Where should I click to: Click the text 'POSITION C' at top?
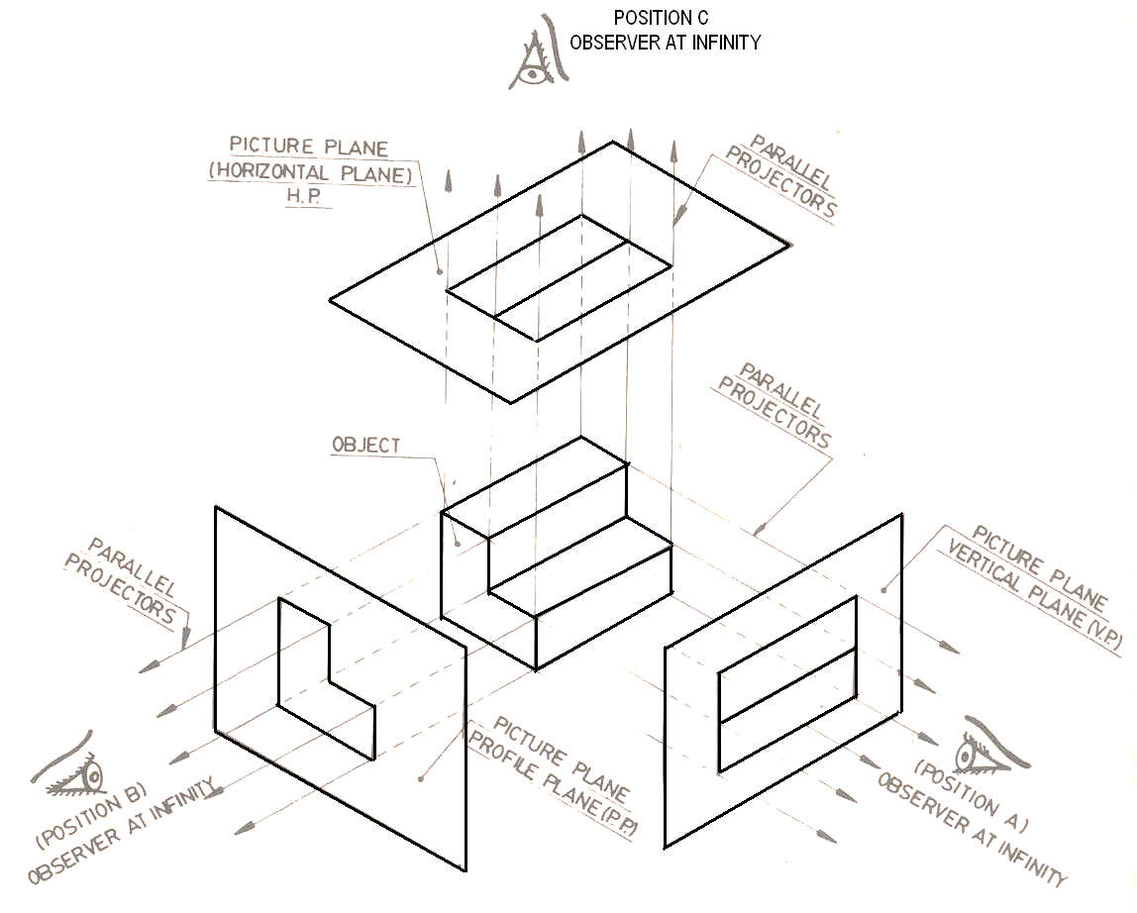point(662,18)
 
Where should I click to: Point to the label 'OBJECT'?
point(366,446)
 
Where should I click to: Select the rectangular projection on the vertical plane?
point(787,684)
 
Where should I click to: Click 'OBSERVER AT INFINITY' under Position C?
point(665,43)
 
